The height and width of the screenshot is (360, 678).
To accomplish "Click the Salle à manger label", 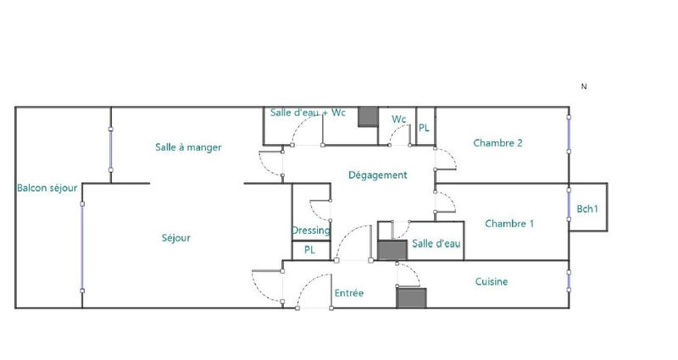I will click(x=188, y=147).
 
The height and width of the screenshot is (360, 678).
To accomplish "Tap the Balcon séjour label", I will click(x=47, y=188).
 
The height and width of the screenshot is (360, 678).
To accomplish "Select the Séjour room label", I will click(x=175, y=238).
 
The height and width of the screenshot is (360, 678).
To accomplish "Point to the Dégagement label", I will click(x=378, y=175).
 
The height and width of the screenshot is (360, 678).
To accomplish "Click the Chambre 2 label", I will click(x=497, y=143).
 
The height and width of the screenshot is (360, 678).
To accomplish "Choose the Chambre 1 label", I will click(x=509, y=224).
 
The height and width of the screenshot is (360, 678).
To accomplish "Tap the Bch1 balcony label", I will click(x=587, y=208).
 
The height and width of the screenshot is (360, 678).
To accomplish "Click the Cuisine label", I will click(x=492, y=282).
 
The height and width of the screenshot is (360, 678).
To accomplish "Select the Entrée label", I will click(x=349, y=293).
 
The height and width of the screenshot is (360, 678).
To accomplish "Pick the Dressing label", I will click(x=311, y=230).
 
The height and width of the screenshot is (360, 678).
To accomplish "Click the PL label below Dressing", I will click(x=309, y=251).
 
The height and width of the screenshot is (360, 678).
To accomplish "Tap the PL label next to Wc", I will click(x=424, y=128).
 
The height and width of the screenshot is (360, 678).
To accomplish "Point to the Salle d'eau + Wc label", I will click(x=308, y=113).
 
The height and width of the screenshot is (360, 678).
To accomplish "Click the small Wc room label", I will click(x=398, y=119).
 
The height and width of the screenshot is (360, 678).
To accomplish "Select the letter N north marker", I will click(x=584, y=86).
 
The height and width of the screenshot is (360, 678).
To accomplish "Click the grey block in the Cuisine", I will click(x=410, y=297).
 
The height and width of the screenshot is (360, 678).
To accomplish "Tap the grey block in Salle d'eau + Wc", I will click(x=368, y=117).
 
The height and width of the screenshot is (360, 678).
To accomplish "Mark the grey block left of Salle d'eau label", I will click(x=392, y=250).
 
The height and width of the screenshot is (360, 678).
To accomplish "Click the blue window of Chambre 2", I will click(x=569, y=133).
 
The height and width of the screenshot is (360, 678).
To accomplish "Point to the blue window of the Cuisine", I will click(x=569, y=280).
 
